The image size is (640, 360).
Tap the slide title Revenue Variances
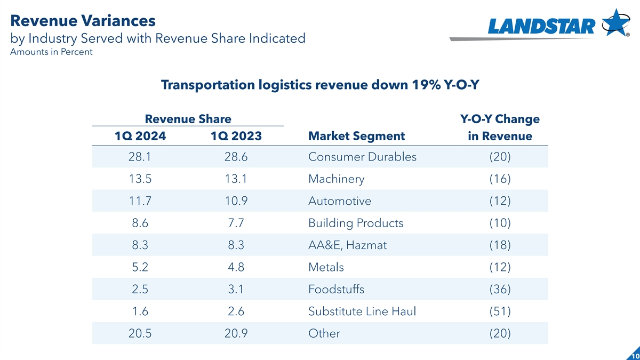83,21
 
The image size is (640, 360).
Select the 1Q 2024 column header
140,137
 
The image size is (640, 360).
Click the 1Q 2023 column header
236,137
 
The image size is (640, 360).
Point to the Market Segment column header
356,137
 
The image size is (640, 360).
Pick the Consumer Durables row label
362,157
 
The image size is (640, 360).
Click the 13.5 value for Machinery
140,179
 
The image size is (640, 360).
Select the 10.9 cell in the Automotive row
236,201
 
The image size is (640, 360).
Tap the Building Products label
356,223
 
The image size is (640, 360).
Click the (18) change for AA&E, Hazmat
500,245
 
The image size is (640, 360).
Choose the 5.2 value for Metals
140,267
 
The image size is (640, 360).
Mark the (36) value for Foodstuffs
500,289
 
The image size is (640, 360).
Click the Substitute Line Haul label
362,311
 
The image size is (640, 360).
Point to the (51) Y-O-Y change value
500,311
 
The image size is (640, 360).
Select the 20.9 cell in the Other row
236,333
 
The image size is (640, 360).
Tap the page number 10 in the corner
634,356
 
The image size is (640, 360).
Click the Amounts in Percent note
51,52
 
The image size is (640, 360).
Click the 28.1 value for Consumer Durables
140,157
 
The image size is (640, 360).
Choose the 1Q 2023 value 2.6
236,311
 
